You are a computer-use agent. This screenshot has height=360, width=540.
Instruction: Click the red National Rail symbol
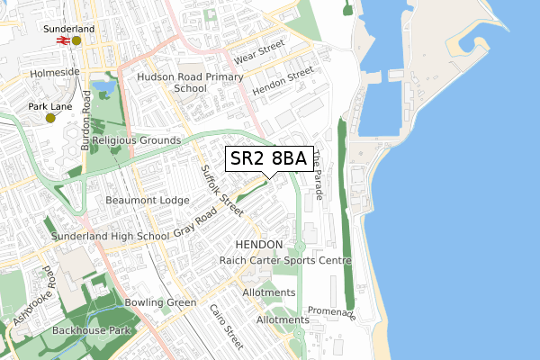tap(64, 40)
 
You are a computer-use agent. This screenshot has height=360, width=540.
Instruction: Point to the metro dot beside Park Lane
tap(50, 118)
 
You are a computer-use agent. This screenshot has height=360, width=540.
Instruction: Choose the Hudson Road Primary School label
tap(190, 83)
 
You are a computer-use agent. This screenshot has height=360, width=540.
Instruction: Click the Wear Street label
tap(259, 51)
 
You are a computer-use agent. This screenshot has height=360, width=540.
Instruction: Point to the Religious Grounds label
tap(136, 140)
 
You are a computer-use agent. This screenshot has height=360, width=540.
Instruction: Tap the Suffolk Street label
tap(221, 188)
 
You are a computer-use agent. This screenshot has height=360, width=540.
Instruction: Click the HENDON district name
tap(258, 245)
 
